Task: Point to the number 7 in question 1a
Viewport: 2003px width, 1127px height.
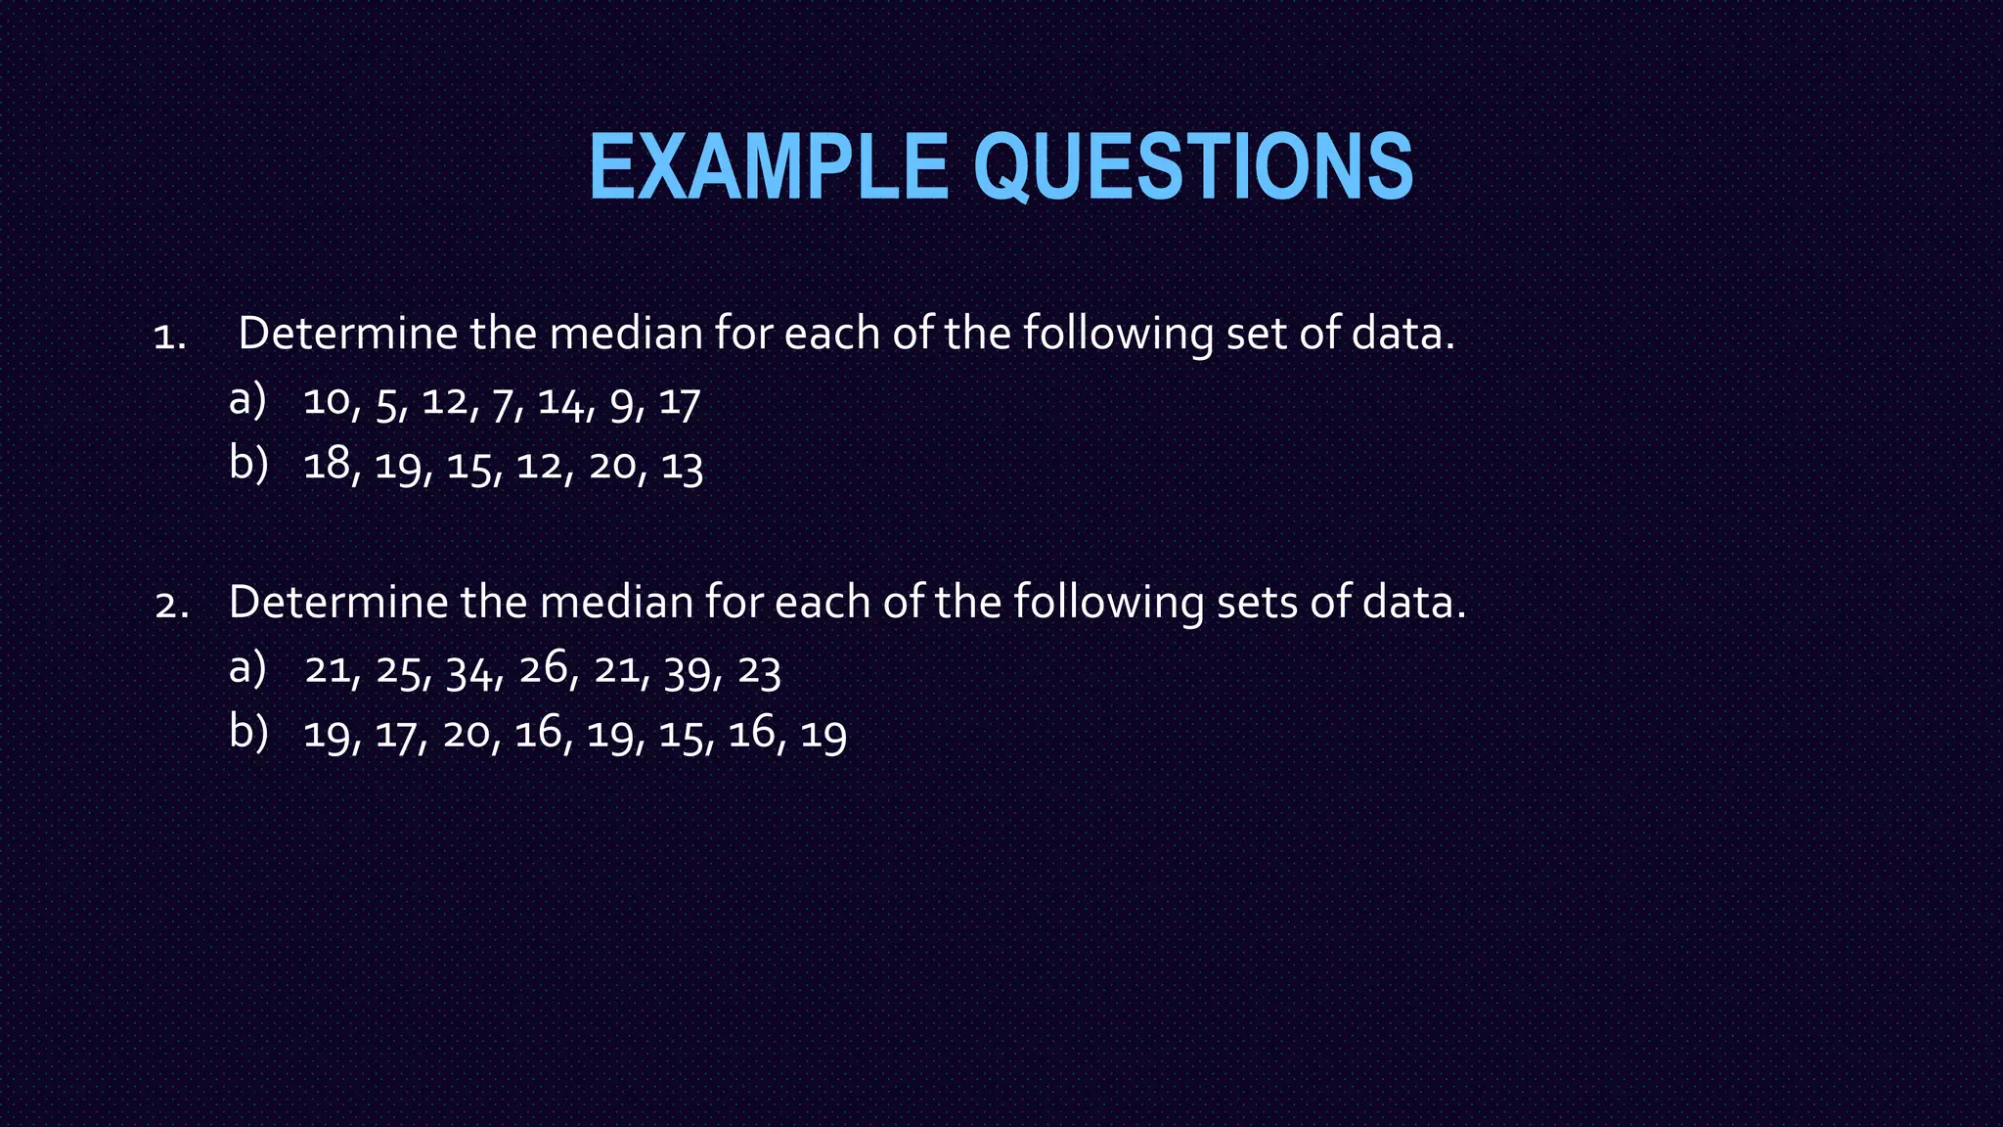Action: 503,404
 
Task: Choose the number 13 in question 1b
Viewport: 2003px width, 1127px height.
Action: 682,467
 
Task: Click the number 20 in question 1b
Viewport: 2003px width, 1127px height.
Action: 612,465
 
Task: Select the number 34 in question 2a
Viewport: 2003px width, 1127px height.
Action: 469,672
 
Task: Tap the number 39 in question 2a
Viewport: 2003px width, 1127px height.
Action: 688,672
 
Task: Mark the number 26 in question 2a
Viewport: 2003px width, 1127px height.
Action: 543,669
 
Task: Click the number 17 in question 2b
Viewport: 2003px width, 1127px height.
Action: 396,735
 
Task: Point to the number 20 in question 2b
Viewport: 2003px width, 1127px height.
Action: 467,734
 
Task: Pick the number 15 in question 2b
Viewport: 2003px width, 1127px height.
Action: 681,735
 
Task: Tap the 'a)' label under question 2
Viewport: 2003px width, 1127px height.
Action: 247,668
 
